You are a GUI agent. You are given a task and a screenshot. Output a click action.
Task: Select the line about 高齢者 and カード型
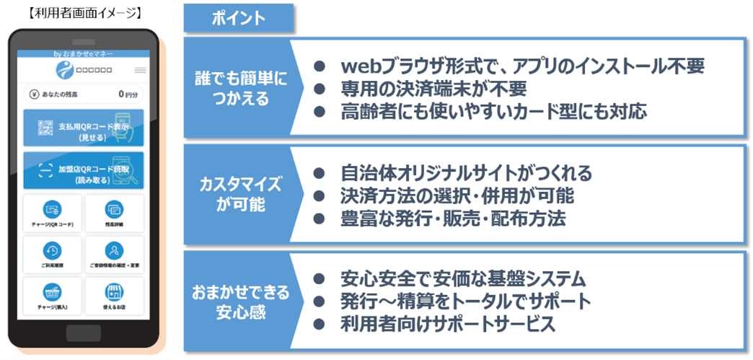pyautogui.click(x=494, y=111)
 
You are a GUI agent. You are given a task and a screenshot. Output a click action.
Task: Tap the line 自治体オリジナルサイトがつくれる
pyautogui.click(x=466, y=173)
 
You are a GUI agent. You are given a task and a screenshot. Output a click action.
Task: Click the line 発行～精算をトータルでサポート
pyautogui.click(x=465, y=301)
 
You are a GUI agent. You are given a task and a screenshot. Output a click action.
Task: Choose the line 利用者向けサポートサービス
pyautogui.click(x=448, y=324)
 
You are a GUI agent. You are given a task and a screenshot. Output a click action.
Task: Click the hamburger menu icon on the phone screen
pyautogui.click(x=140, y=70)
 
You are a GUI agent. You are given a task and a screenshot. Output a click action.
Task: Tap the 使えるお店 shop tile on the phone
pyautogui.click(x=114, y=296)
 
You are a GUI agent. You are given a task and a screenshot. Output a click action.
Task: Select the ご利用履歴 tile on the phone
pyautogui.click(x=53, y=254)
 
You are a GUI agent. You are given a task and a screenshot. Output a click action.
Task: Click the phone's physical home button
pyautogui.click(x=83, y=333)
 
